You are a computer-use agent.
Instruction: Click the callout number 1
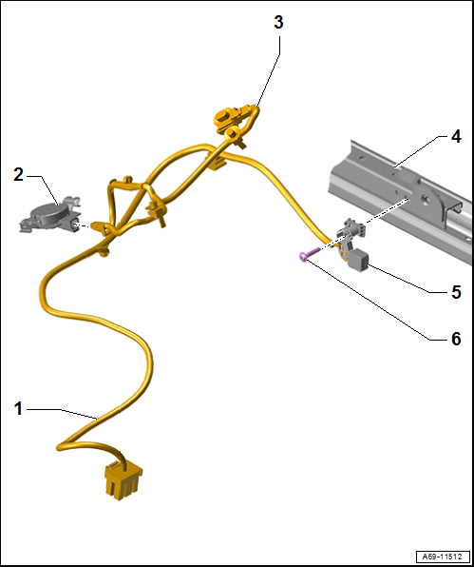[18, 409]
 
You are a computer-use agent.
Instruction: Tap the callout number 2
[18, 175]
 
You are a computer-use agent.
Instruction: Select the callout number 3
[278, 23]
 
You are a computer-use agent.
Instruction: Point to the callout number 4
[456, 137]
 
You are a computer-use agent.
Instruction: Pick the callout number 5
[456, 292]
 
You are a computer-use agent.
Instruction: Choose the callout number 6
[456, 340]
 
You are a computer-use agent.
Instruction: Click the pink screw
[310, 253]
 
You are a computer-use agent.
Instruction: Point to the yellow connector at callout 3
[235, 115]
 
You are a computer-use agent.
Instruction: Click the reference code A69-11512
[444, 556]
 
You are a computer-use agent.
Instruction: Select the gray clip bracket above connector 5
[350, 230]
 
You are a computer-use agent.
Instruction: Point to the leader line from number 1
[62, 413]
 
